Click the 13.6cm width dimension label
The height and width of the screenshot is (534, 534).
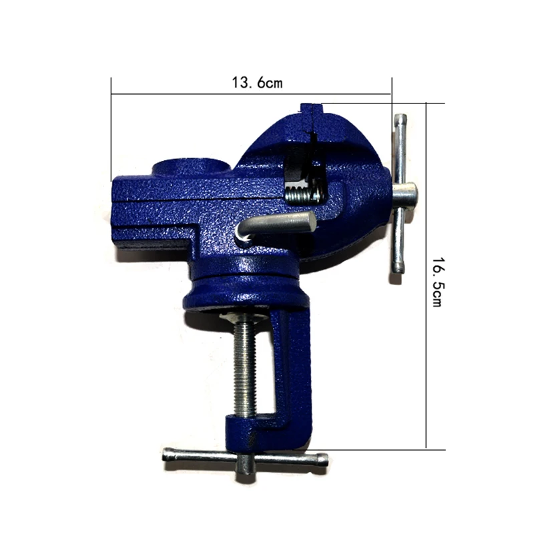257,83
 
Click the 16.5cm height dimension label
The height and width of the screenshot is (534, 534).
437,282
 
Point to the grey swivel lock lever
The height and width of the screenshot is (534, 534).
276,224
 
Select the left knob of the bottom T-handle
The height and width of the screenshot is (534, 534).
170,455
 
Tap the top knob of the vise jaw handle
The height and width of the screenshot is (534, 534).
400,120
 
